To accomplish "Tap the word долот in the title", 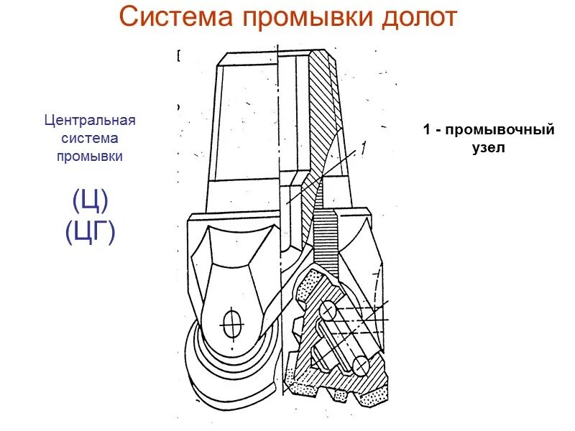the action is tap(417, 17).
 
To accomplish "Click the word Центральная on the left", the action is tap(90, 120).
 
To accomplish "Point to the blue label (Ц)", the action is tap(90, 200).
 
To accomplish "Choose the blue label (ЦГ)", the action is tap(90, 232).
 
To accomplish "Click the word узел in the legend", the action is tap(489, 149).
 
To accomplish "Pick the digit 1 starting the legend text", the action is tap(426, 131).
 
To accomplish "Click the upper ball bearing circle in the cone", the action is tap(327, 310).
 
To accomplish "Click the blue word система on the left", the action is tap(90, 138).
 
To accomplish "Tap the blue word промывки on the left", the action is tap(90, 156).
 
